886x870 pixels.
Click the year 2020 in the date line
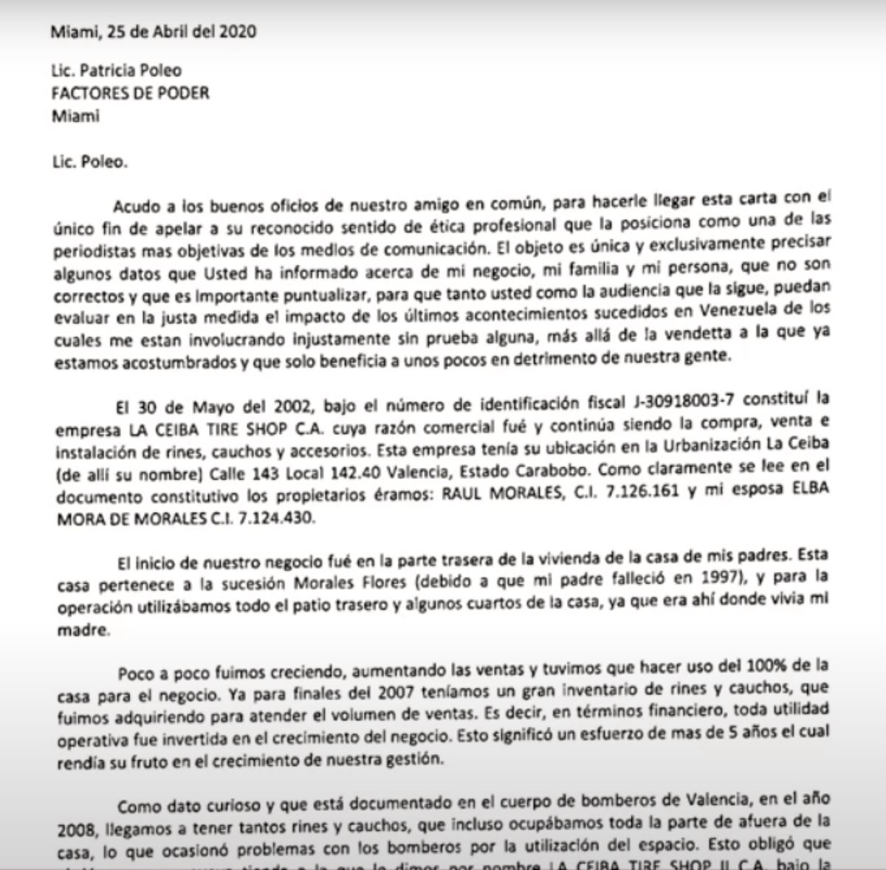(238, 32)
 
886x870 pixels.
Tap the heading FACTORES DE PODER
(130, 93)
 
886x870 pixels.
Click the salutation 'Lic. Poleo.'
(89, 162)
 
